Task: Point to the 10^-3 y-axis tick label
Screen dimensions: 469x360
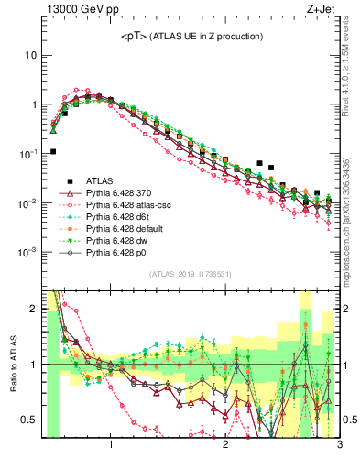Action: pos(27,251)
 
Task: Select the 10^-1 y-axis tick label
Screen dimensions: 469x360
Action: pos(27,153)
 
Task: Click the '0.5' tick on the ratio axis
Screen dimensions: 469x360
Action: pos(27,420)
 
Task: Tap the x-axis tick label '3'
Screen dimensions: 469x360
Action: pos(339,446)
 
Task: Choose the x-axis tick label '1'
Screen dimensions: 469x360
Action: pos(111,446)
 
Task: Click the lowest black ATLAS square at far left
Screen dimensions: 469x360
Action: pos(53,151)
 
